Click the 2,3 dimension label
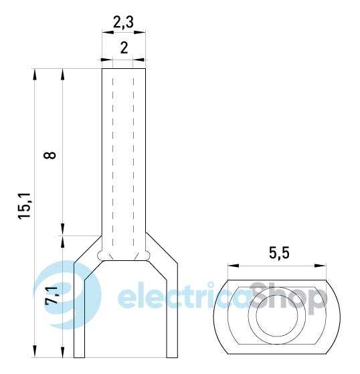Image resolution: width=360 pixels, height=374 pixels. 123,23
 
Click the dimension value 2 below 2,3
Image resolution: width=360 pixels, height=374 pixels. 124,48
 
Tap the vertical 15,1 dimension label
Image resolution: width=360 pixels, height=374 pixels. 24,206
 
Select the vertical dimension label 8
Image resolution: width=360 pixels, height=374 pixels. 50,155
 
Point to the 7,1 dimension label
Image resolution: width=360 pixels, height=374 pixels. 52,296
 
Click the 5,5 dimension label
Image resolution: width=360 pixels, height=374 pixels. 279,253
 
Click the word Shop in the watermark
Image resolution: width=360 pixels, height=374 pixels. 288,298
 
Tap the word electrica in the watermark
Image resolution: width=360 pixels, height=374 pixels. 184,295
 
